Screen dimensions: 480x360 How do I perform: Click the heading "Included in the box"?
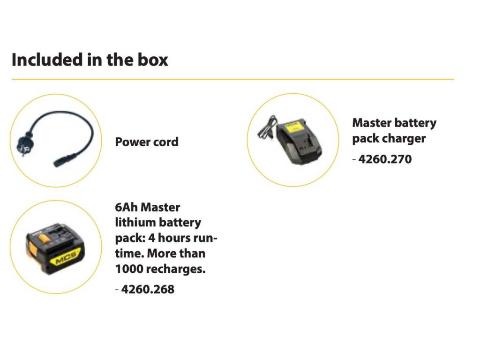coord(90,60)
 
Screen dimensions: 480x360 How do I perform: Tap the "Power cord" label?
coord(147,142)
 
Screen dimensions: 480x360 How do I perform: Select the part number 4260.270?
coord(384,159)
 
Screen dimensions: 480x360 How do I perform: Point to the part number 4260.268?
coord(147,289)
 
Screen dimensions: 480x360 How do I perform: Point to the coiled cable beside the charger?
coord(265,127)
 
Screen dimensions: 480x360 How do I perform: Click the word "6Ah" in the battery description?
coord(126,207)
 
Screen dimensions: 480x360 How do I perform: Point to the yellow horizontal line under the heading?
coord(232,79)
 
